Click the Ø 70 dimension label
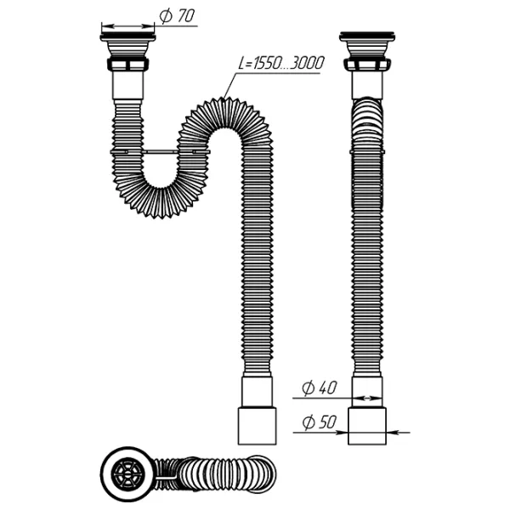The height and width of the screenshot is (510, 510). click(178, 16)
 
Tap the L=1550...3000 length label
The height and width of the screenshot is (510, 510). click(281, 63)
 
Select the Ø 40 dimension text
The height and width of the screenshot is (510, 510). click(320, 388)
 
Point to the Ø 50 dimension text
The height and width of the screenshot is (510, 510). click(320, 422)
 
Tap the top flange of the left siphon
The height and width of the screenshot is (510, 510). click(127, 37)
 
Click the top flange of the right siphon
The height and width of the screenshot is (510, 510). click(367, 37)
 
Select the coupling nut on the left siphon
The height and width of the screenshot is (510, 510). click(127, 65)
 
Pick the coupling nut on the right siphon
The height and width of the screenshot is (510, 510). click(367, 65)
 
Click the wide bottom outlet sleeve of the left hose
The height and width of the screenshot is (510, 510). click(258, 426)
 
